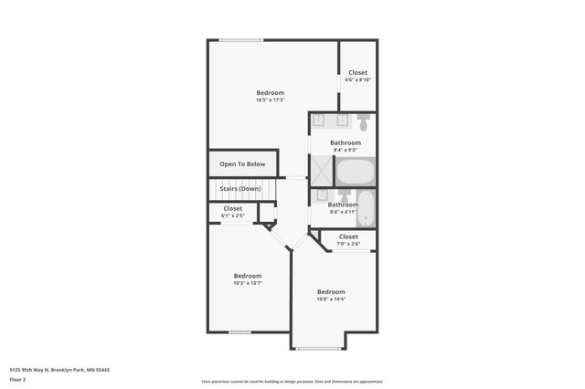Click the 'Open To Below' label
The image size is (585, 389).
(x=242, y=164)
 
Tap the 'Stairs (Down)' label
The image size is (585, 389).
(x=240, y=188)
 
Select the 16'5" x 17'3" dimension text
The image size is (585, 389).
(x=270, y=100)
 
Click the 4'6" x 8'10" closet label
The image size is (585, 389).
(x=357, y=79)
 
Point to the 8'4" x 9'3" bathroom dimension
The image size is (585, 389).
(x=346, y=150)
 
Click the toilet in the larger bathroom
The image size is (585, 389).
(x=363, y=121)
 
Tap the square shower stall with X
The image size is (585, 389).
(x=322, y=171)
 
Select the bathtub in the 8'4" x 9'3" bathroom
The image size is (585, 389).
(x=356, y=172)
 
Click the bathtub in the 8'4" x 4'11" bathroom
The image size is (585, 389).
(x=365, y=209)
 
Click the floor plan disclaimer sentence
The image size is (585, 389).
(x=292, y=381)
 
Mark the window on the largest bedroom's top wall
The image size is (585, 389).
(x=241, y=40)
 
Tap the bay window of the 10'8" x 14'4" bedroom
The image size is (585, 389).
(x=318, y=349)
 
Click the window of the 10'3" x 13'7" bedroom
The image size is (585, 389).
(x=239, y=331)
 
